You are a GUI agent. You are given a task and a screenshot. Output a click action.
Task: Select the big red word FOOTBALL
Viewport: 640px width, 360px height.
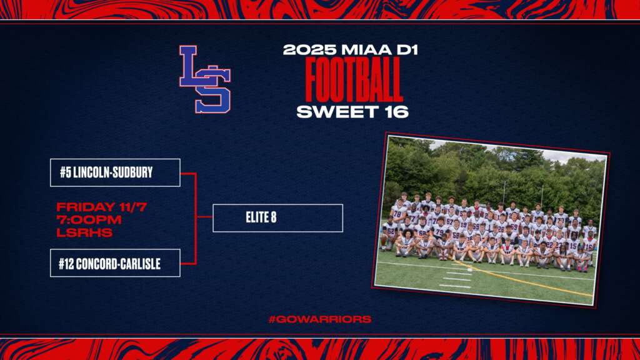354,79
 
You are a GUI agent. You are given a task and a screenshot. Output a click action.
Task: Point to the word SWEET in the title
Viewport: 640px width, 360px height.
332,112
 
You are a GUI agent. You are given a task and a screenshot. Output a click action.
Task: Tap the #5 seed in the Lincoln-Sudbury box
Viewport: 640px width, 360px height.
65,172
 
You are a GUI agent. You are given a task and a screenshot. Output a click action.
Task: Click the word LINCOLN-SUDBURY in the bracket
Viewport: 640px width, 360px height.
113,172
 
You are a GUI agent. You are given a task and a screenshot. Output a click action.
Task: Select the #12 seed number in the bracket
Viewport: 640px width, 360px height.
66,264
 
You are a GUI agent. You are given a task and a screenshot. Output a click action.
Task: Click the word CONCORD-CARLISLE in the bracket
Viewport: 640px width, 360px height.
118,264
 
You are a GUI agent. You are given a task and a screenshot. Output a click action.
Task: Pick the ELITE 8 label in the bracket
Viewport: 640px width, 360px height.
261,217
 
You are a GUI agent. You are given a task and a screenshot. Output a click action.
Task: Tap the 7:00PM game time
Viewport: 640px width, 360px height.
89,219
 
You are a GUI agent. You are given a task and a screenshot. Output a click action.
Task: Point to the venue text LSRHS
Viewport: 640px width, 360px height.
84,232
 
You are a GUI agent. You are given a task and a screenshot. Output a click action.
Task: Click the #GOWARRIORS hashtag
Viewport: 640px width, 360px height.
320,319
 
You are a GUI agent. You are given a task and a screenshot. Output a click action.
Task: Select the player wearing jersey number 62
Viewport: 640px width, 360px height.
390,236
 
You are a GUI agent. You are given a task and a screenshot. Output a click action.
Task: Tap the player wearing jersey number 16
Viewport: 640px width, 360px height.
589,249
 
